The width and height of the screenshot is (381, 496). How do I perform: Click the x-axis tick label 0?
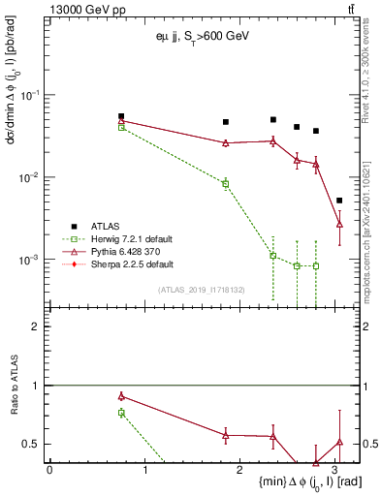[x=49, y=469]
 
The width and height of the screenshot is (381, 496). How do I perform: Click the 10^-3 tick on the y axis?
[x=33, y=260]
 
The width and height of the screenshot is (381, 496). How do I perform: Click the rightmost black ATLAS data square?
[x=339, y=201]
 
